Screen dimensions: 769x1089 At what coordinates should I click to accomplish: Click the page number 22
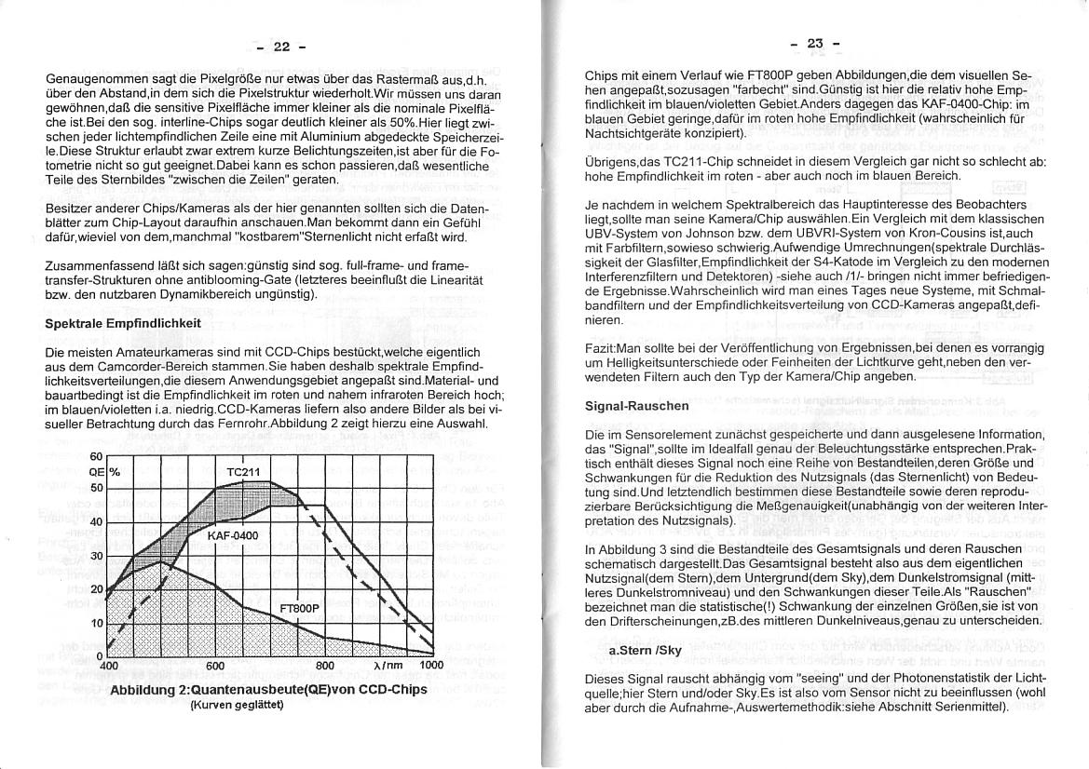click(281, 47)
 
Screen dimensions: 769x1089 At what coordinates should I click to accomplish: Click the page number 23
click(815, 43)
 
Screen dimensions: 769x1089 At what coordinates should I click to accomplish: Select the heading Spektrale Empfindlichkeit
click(123, 324)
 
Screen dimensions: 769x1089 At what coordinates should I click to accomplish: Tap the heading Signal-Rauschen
click(636, 406)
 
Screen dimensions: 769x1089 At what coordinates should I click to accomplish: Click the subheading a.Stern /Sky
click(645, 651)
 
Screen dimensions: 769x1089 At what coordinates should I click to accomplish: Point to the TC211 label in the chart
click(243, 472)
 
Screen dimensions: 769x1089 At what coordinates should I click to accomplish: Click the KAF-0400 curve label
click(233, 536)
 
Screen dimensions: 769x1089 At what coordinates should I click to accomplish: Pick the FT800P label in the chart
click(299, 609)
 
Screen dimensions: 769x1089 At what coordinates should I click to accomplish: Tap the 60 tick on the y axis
click(96, 457)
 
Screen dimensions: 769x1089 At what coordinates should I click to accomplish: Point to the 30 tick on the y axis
click(96, 557)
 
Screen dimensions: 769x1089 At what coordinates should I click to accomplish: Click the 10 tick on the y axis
click(96, 623)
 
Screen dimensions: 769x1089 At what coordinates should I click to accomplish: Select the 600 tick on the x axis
click(215, 666)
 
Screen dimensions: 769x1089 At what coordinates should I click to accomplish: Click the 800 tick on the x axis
click(324, 666)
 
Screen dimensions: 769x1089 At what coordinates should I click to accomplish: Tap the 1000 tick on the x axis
click(431, 666)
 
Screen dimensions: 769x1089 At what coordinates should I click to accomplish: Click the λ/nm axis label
click(387, 666)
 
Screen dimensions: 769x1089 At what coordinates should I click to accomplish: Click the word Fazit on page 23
click(600, 348)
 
